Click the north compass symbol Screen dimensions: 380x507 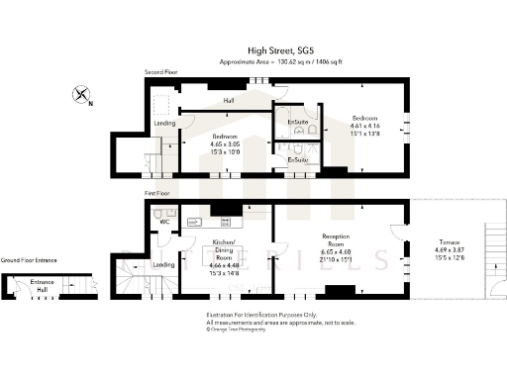tap(81, 96)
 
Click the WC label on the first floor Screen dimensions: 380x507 tap(164, 222)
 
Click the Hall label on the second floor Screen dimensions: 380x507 tap(229, 101)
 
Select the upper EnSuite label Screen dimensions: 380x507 tap(297, 122)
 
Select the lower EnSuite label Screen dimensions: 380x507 tap(297, 159)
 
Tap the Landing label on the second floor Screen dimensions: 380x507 tap(165, 123)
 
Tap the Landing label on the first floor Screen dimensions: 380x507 tap(164, 264)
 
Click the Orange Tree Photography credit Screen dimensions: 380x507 tap(237, 330)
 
